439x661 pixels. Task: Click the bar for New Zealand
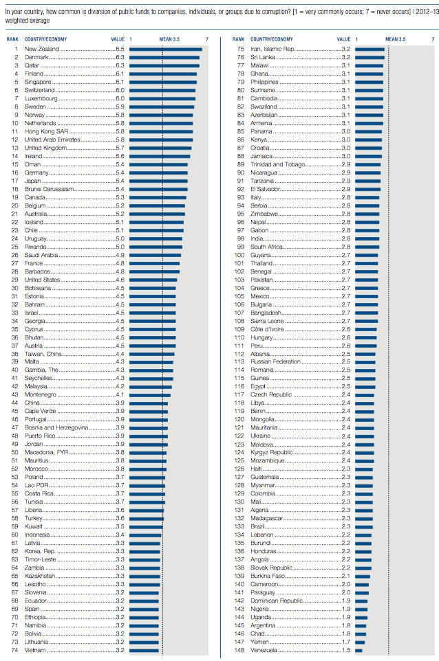[x=165, y=49]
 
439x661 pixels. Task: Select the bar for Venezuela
[x=359, y=650]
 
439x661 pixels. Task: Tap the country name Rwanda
[x=35, y=247]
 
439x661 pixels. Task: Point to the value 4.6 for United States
[x=120, y=280]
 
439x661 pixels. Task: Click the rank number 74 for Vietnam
[x=13, y=650]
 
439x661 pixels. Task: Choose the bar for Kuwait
[x=146, y=526]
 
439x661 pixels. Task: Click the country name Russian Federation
[x=275, y=362]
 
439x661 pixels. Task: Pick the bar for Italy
[x=366, y=197]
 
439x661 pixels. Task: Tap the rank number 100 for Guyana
[x=240, y=255]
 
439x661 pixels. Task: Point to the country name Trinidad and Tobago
[x=276, y=164]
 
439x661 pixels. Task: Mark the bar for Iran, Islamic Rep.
[x=370, y=49]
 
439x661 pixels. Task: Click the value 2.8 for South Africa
[x=345, y=247]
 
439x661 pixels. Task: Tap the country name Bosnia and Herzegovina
[x=56, y=427]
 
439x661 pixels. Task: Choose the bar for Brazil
[x=364, y=526]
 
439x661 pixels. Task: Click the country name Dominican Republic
[x=277, y=601]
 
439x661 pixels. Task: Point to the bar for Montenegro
[x=150, y=394]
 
